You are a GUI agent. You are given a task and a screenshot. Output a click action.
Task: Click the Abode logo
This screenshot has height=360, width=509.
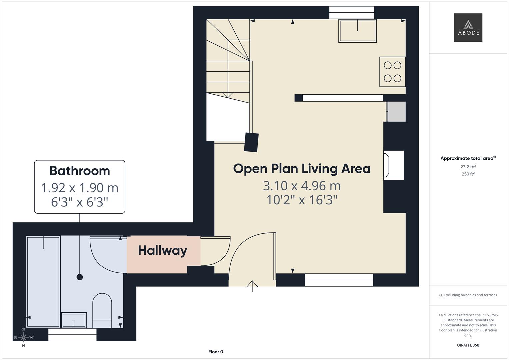coord(468,28)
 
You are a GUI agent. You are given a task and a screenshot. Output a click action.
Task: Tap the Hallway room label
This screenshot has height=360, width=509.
coord(162,251)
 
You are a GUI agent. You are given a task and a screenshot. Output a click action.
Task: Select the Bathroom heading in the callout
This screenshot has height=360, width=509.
coord(80,171)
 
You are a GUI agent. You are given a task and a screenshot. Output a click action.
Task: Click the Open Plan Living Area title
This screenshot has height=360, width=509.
coord(302,169)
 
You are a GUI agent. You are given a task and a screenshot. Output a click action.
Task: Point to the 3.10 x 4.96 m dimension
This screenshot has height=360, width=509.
coord(302,186)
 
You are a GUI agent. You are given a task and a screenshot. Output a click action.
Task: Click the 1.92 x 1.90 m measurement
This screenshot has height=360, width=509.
coord(80,188)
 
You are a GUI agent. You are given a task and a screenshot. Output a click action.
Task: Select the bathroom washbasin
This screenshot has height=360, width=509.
coord(74,320)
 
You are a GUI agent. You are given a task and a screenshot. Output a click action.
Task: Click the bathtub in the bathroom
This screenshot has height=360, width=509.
coord(43,282)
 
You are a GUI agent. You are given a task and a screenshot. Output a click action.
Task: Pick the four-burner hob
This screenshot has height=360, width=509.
coord(392,72)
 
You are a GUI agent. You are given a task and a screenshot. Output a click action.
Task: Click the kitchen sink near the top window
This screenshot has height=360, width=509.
coord(357,31)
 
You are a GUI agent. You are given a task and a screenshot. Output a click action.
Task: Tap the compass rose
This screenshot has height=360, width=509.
coord(23,337)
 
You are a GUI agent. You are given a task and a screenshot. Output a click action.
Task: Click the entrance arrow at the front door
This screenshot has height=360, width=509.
coord(252,286)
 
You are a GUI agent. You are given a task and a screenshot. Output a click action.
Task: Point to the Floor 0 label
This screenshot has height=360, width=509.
coord(216,352)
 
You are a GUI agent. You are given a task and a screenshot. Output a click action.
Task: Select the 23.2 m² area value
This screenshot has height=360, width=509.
coord(468,167)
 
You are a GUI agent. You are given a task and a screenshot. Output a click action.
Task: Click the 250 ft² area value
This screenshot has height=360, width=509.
coord(468,174)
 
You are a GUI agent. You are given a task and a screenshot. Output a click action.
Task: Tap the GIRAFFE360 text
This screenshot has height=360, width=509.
coord(468,345)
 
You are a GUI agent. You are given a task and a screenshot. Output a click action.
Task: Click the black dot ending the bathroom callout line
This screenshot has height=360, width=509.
coord(80,277)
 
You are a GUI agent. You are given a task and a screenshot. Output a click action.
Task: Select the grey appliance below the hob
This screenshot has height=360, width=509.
coord(397,112)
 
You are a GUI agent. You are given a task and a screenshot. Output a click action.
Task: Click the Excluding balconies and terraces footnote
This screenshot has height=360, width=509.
coord(468,295)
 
